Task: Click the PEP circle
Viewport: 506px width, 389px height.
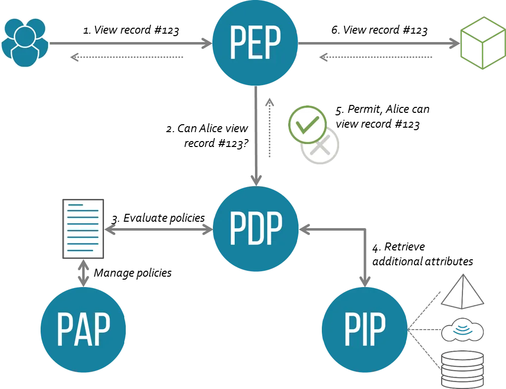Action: [x=255, y=44]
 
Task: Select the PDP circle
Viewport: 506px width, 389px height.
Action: [x=256, y=230]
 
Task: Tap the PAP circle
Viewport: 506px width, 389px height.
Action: [x=83, y=330]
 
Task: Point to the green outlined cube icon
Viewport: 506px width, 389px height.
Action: [x=482, y=44]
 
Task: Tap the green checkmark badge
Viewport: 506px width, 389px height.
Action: [x=307, y=124]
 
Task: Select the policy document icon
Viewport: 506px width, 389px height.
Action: [x=83, y=230]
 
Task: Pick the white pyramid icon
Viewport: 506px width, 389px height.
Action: [x=462, y=292]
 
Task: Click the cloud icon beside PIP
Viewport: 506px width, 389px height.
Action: [x=463, y=330]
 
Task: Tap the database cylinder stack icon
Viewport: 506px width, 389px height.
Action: [x=462, y=369]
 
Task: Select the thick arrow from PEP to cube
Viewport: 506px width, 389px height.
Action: [x=379, y=44]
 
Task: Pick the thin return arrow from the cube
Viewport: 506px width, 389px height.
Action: [x=376, y=58]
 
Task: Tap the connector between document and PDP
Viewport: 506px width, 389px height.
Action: [x=159, y=230]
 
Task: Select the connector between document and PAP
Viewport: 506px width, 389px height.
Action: [x=83, y=273]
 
